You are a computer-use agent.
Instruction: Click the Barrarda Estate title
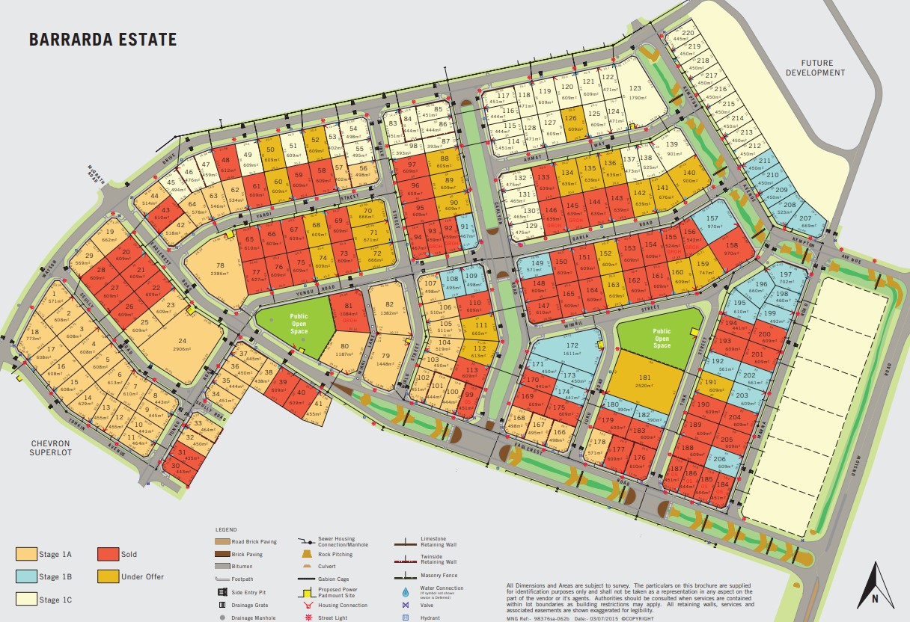point(103,40)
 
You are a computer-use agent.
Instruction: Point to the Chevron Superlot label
point(49,447)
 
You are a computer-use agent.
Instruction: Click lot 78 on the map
point(219,269)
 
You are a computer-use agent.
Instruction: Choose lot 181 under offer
point(644,381)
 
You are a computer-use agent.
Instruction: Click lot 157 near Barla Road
point(713,223)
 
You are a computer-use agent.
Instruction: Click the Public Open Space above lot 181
point(662,338)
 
